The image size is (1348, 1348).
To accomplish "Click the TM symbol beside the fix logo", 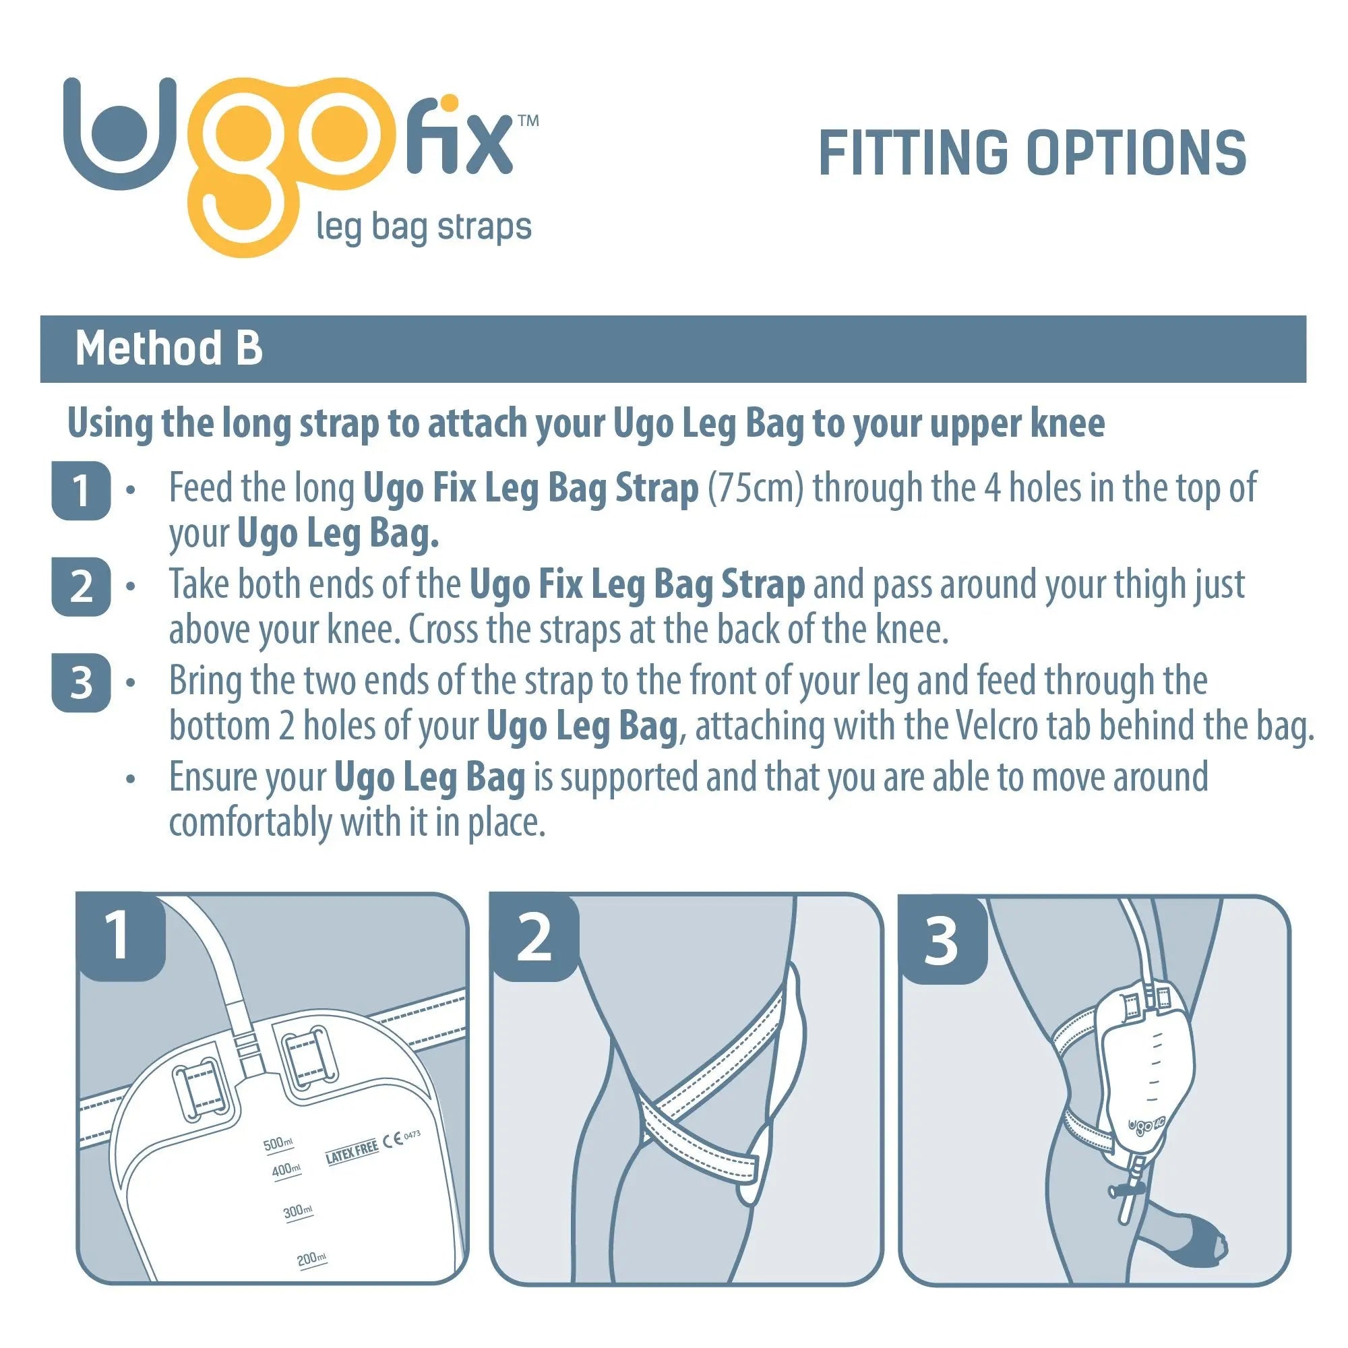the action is pyautogui.click(x=528, y=121).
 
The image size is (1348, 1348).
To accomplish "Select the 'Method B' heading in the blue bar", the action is pyautogui.click(x=169, y=348).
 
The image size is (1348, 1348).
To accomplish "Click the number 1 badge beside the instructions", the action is pyautogui.click(x=81, y=491).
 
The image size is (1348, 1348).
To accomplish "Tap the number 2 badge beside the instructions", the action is pyautogui.click(x=81, y=587).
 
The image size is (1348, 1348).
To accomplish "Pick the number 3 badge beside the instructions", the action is pyautogui.click(x=81, y=683).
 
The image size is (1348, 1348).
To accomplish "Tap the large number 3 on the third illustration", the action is pyautogui.click(x=940, y=941).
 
